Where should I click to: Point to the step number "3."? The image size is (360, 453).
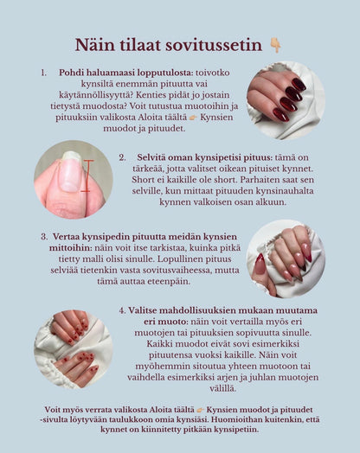pos(43,235)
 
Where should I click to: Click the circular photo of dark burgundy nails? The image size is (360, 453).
pos(285,99)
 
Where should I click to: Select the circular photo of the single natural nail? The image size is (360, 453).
pos(73,179)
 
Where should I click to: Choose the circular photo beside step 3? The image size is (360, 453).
pos(285,258)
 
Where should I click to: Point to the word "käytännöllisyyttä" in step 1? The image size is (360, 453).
pos(94,101)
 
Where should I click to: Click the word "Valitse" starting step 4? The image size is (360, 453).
pos(147,309)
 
